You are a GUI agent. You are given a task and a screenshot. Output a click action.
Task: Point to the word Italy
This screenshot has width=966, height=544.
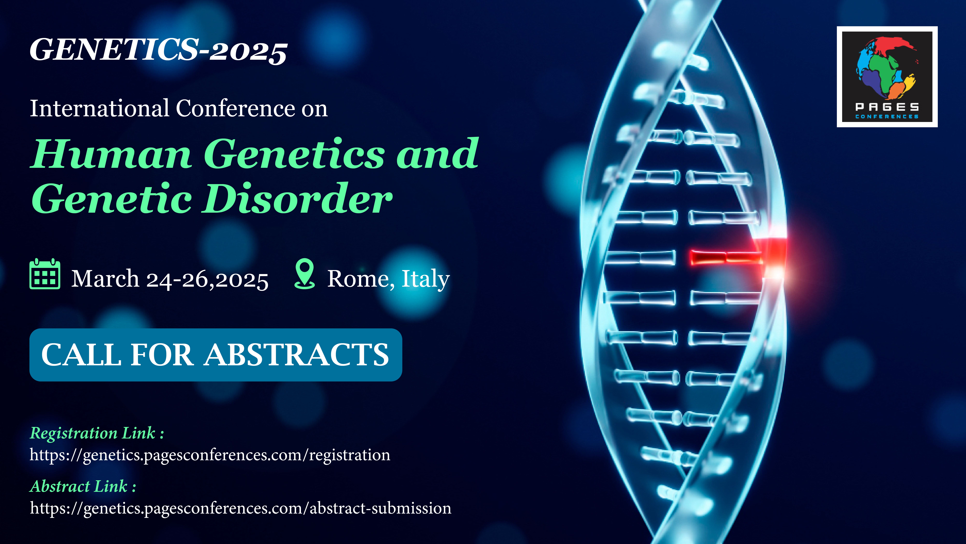(426, 280)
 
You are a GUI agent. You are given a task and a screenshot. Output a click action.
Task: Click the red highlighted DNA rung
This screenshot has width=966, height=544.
(726, 257)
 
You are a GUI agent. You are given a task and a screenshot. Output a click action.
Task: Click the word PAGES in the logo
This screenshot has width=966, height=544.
(887, 107)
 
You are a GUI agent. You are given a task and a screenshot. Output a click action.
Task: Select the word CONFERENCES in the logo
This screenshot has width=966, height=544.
(887, 117)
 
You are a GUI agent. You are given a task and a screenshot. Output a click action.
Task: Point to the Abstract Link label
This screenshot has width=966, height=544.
(83, 487)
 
